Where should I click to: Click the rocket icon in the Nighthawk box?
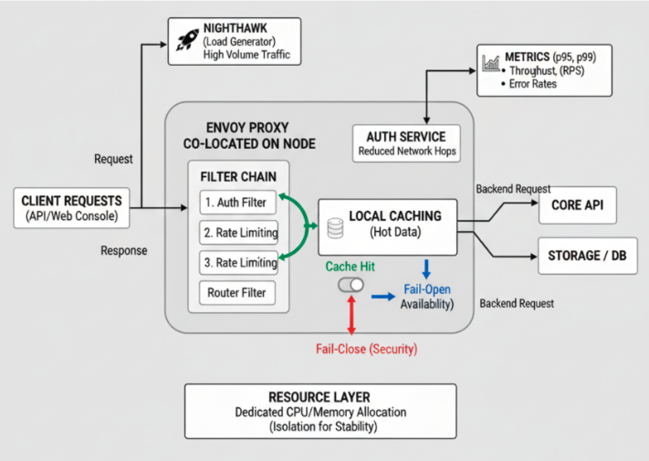pyautogui.click(x=189, y=40)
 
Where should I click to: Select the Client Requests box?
pyautogui.click(x=71, y=208)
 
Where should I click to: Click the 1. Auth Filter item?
pyautogui.click(x=236, y=201)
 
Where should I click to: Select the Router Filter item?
pyautogui.click(x=236, y=293)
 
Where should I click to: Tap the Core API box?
pyautogui.click(x=577, y=205)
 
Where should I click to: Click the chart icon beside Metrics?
pyautogui.click(x=491, y=64)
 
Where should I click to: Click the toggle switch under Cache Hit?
pyautogui.click(x=351, y=285)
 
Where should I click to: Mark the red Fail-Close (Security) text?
pyautogui.click(x=365, y=349)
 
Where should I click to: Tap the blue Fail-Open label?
pyautogui.click(x=426, y=289)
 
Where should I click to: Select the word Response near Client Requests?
pyautogui.click(x=123, y=250)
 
